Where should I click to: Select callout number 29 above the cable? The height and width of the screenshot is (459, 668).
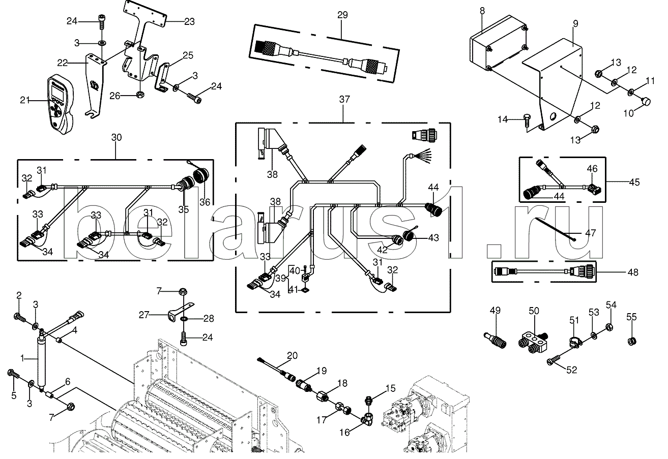[342, 15]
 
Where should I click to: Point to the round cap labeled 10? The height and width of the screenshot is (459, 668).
[645, 102]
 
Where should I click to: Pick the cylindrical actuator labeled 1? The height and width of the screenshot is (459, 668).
[41, 360]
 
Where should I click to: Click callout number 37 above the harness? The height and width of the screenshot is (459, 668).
[344, 99]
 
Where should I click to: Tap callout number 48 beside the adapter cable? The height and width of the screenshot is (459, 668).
[632, 272]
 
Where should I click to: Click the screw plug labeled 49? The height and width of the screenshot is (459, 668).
[495, 341]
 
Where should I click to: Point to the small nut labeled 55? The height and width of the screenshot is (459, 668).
[631, 341]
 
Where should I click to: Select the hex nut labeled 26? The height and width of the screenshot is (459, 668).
[140, 95]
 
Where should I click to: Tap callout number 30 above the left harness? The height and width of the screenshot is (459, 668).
[117, 137]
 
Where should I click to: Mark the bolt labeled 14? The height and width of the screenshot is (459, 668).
[528, 120]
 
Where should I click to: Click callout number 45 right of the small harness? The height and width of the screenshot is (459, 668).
[634, 182]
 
